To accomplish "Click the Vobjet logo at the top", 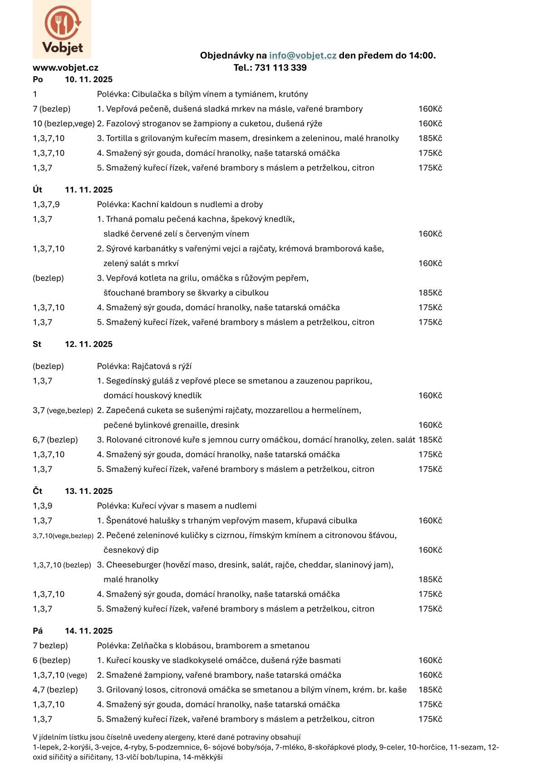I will coord(62,30).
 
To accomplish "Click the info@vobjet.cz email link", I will coord(303,55).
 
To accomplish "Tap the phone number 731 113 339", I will coord(281,68).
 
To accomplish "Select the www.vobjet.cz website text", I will coord(65,68).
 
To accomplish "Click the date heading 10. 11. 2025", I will coord(88,79).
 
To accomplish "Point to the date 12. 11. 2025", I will coord(88,344).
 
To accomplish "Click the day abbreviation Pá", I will coord(38,631).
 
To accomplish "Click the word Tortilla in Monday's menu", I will coord(118,138).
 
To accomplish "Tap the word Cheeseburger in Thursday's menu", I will coord(133,565).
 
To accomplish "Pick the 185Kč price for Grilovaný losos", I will coord(430,690).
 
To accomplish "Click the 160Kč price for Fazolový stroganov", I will coord(430,123).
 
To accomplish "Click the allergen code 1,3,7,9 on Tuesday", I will coord(46,204).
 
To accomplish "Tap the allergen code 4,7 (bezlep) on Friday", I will coord(55,690).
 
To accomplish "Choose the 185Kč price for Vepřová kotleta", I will coord(430,293).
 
